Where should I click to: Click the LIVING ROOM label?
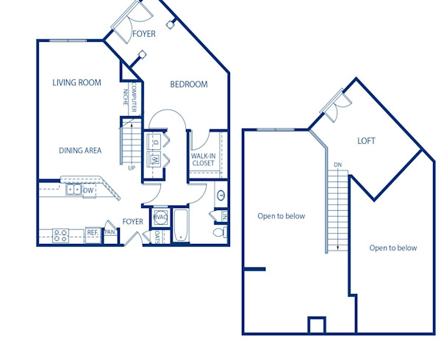click(x=76, y=83)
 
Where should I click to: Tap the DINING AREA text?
click(x=80, y=151)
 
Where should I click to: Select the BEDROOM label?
click(x=189, y=84)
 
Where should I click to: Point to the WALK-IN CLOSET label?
click(x=203, y=159)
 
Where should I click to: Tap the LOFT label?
click(x=367, y=141)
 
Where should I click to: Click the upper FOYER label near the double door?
click(x=144, y=34)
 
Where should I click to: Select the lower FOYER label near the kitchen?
click(x=132, y=221)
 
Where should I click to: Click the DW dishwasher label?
click(x=88, y=191)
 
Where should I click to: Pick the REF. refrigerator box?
click(x=93, y=233)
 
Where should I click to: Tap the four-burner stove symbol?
click(x=60, y=235)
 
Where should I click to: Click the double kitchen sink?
click(x=73, y=190)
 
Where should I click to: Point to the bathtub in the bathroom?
click(x=181, y=225)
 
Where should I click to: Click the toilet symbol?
click(x=218, y=232)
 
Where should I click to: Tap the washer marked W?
click(x=155, y=158)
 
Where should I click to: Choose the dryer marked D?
click(x=155, y=140)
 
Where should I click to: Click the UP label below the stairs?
click(x=132, y=168)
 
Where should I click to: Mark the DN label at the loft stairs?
click(x=337, y=165)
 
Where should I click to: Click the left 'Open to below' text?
click(x=281, y=216)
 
